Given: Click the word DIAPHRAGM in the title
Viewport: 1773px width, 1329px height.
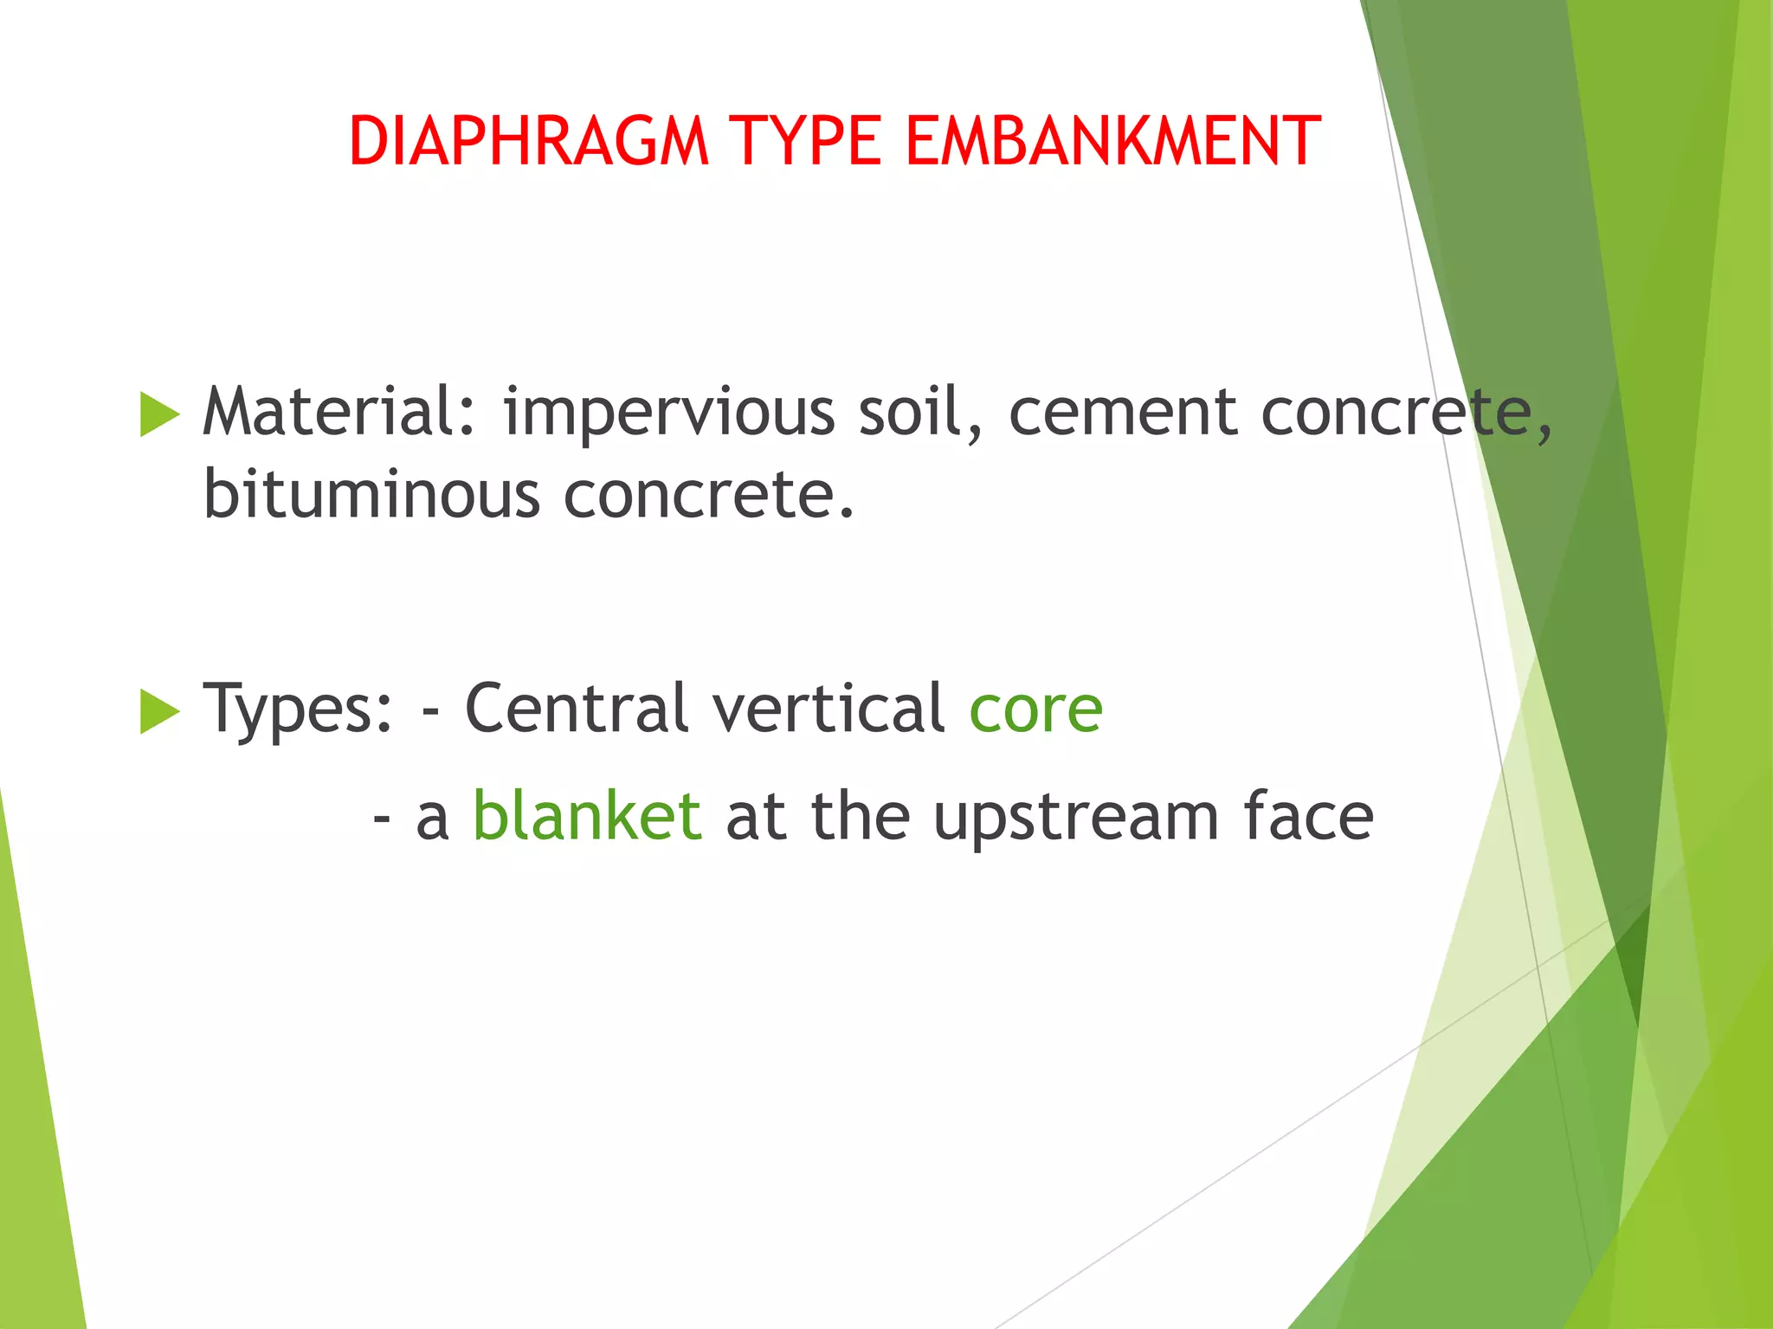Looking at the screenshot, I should (529, 141).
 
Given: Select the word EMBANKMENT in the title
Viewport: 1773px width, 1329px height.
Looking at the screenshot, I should (1112, 141).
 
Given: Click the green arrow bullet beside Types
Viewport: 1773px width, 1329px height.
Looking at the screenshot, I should (158, 711).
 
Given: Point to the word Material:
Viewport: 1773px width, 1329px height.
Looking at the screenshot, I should (338, 412).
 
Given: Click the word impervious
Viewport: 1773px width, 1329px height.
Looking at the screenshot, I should (669, 414).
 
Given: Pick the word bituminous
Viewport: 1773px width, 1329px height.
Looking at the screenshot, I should (371, 495).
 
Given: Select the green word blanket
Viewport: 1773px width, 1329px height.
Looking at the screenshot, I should (587, 816).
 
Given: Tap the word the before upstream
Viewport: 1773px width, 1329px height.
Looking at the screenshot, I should (861, 816).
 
